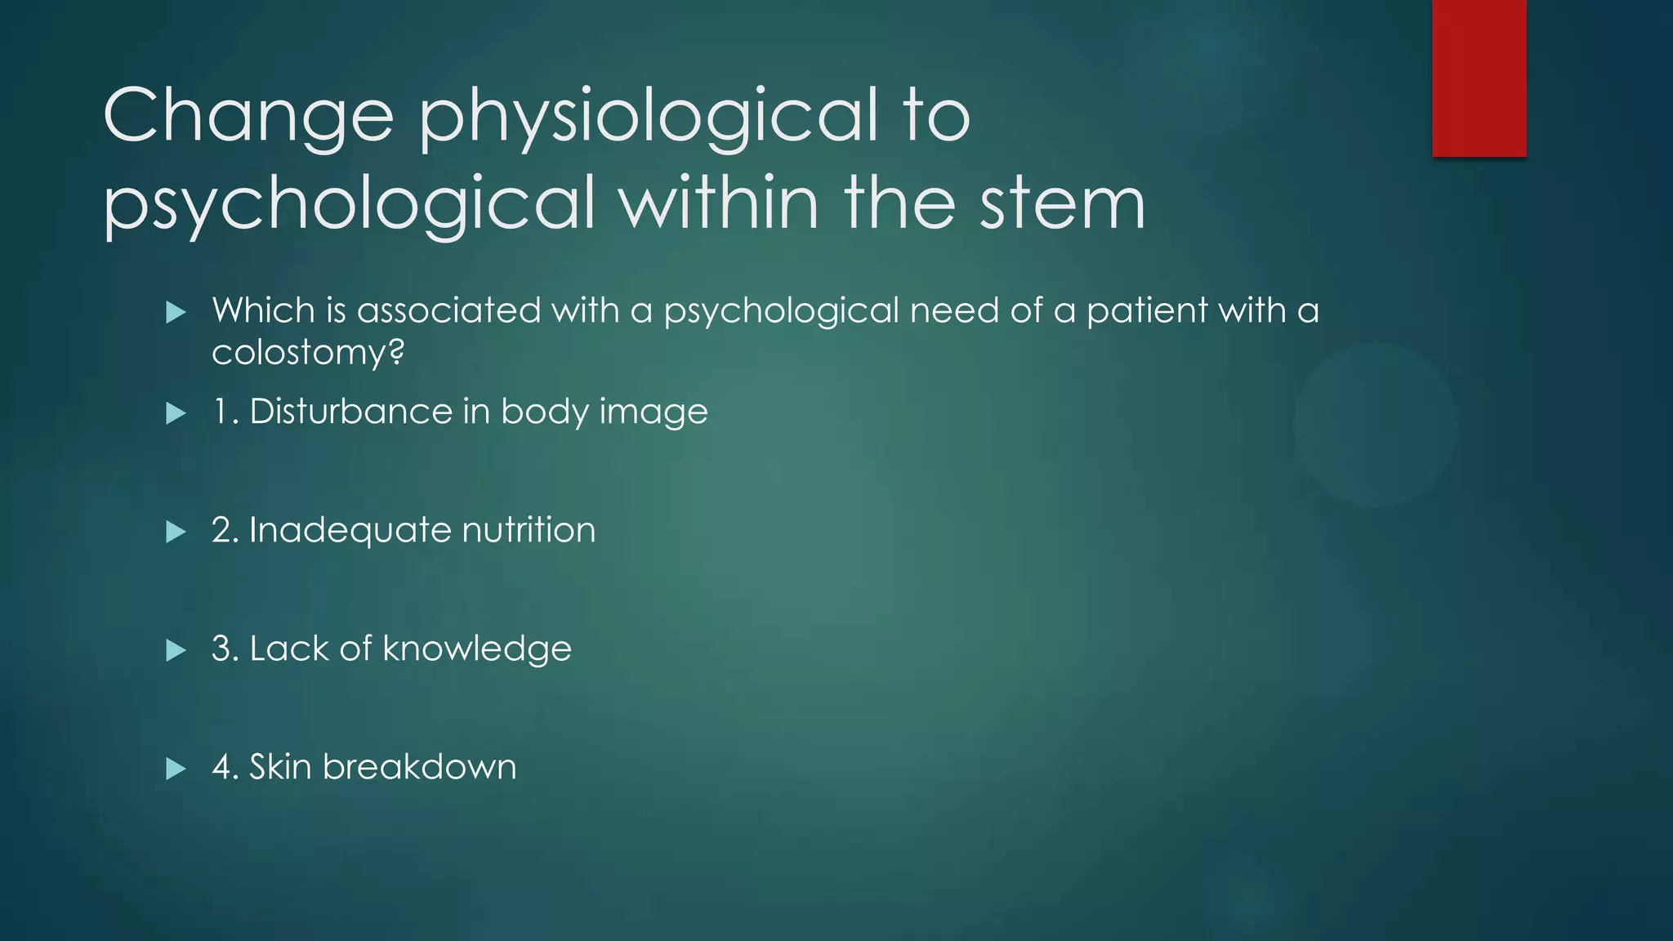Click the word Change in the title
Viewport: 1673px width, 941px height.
248,116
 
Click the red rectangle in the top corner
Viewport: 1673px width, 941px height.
1479,78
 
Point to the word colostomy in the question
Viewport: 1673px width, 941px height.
307,353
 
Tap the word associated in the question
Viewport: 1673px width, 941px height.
448,310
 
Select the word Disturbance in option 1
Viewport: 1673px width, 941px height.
350,411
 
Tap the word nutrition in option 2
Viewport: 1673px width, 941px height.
529,530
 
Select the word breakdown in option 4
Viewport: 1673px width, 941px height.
419,767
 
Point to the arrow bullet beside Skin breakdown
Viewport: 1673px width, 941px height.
176,769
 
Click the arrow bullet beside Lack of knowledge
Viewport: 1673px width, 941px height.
176,650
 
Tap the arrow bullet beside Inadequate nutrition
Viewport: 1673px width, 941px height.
176,533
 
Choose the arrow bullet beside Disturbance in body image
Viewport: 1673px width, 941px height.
176,413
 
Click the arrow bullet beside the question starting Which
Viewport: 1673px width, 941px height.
176,312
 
